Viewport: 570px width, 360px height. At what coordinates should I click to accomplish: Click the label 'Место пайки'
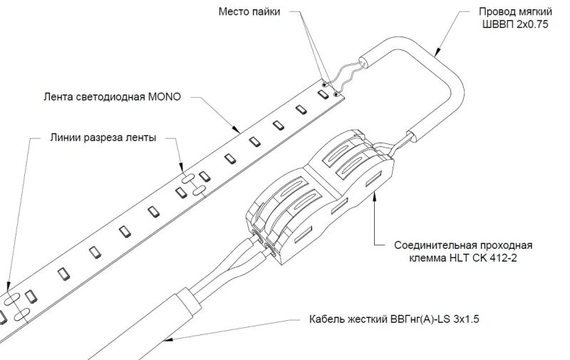coord(249,11)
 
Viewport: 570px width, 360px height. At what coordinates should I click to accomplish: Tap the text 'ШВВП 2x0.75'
coord(515,24)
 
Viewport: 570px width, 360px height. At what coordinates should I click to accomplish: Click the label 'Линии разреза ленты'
coord(103,138)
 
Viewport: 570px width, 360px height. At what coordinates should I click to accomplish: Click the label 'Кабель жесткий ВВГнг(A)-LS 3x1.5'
coord(394,319)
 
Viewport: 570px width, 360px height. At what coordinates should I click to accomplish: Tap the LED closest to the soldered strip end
coord(323,94)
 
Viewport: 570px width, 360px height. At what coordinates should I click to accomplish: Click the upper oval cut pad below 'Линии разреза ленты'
coord(188,178)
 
